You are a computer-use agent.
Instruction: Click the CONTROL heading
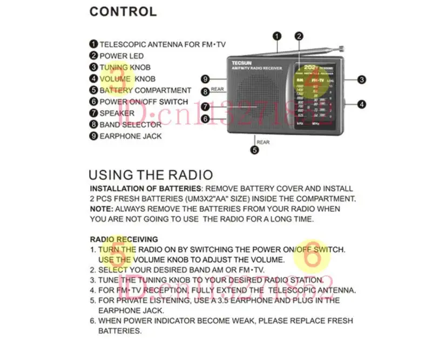point(123,11)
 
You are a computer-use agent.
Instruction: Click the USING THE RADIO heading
point(151,175)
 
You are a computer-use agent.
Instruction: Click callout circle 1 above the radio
point(276,36)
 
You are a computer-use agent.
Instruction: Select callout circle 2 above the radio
point(299,36)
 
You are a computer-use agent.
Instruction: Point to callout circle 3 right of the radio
point(362,79)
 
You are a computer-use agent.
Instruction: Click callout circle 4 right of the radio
point(362,104)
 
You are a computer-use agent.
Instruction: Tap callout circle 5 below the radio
point(254,151)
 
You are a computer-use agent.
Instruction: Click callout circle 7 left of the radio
point(205,106)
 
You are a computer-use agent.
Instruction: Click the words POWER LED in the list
point(122,56)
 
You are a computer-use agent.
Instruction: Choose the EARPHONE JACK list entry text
point(130,136)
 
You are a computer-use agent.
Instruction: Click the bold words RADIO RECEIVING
point(124,239)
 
